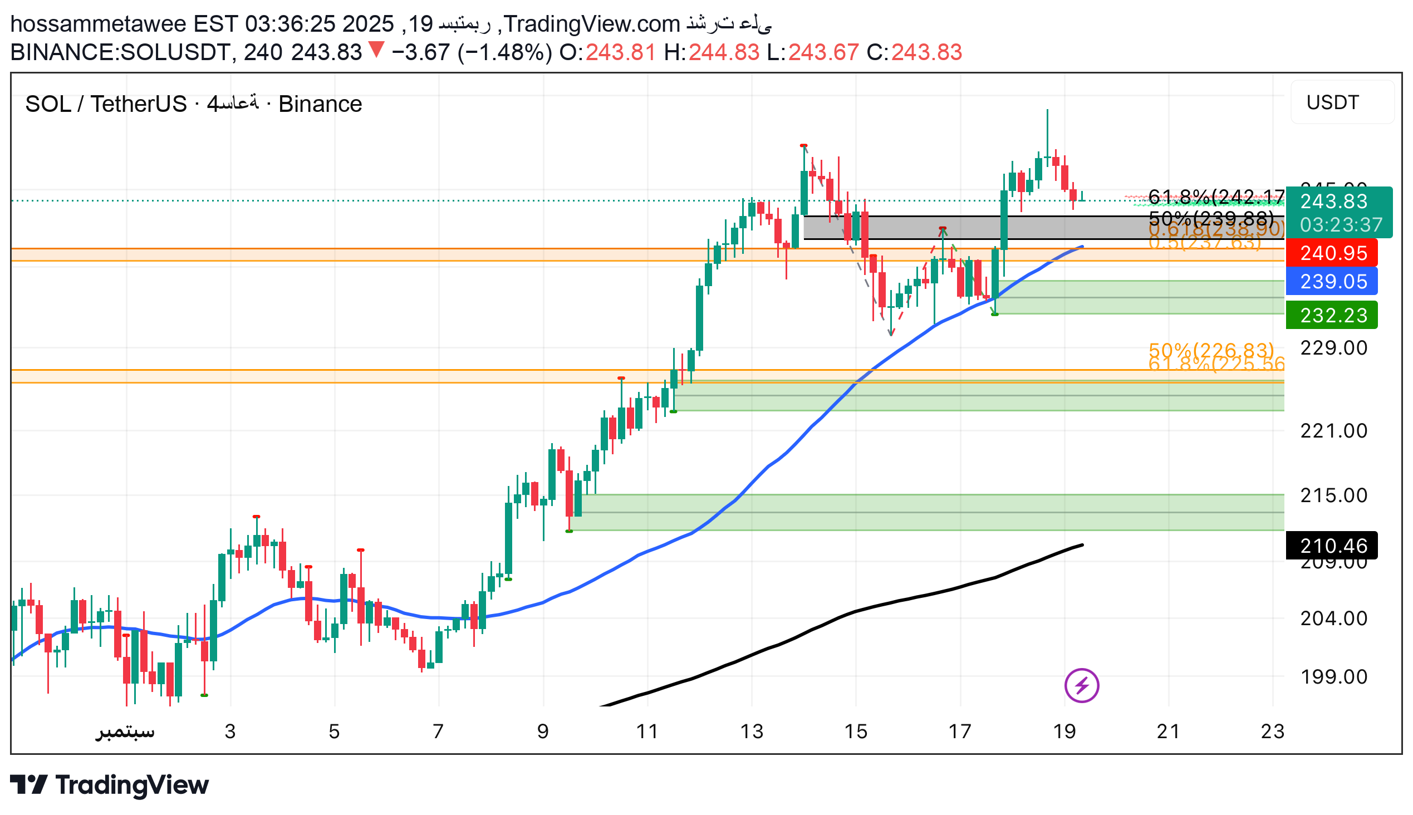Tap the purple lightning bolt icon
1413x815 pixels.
1081,685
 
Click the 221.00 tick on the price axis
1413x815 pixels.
1333,430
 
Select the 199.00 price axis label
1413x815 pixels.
1333,677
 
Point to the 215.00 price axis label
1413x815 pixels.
1333,495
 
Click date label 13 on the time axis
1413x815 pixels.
751,731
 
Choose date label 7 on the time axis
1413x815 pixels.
438,731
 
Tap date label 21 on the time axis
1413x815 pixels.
1168,731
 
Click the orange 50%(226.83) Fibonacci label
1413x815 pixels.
1210,350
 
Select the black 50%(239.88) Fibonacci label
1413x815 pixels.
1210,217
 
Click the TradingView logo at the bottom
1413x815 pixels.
110,785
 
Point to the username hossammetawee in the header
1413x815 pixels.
98,24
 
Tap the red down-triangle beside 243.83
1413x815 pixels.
376,50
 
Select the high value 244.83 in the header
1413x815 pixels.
723,53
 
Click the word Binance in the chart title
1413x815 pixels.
320,104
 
